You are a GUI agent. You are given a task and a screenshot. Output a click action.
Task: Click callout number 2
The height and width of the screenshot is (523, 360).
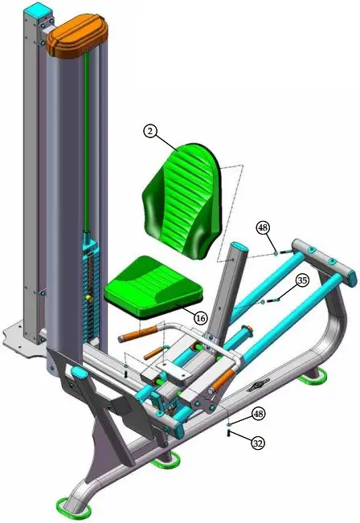(150, 131)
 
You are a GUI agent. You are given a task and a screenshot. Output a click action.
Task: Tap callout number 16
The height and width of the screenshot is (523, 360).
(201, 318)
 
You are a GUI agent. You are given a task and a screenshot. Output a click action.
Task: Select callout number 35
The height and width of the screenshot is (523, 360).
(301, 281)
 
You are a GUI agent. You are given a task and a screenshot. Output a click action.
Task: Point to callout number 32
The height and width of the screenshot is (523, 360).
(258, 443)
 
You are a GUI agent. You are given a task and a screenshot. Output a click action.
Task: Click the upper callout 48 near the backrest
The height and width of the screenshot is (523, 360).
(263, 228)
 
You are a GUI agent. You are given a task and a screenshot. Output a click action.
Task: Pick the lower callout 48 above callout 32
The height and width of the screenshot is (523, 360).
(258, 414)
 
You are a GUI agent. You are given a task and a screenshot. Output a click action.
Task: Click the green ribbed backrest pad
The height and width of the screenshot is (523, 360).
(182, 197)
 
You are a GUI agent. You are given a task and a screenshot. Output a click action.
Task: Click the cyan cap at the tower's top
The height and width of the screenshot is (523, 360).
(38, 11)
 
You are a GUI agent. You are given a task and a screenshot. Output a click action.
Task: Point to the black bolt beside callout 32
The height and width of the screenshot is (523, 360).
(230, 435)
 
